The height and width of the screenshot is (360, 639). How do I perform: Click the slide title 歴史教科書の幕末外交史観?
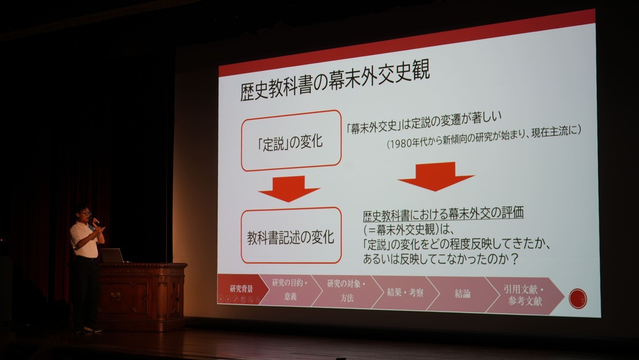[x=335, y=81]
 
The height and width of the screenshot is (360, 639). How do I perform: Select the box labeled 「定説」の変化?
[x=291, y=140]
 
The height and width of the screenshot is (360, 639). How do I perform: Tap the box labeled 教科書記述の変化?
[x=291, y=236]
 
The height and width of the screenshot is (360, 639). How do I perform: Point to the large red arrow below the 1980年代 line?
[x=436, y=176]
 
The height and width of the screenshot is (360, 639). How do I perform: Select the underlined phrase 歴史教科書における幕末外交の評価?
[x=443, y=214]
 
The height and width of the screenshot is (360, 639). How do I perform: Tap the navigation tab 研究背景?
[x=242, y=289]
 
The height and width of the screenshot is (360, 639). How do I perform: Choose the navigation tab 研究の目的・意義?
[x=290, y=290]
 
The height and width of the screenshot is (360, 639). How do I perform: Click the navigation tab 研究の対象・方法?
[x=346, y=291]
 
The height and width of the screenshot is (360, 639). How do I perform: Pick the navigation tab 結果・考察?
[x=405, y=292]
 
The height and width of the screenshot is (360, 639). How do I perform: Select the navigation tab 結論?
[x=463, y=293]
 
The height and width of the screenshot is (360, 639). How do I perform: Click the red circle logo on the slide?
[x=578, y=299]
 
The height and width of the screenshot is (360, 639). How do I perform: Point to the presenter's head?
[x=84, y=213]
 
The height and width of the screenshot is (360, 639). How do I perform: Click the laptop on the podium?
[x=112, y=255]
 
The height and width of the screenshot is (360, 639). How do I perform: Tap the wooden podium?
[x=142, y=297]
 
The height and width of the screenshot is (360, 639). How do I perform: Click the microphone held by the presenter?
[x=95, y=221]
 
